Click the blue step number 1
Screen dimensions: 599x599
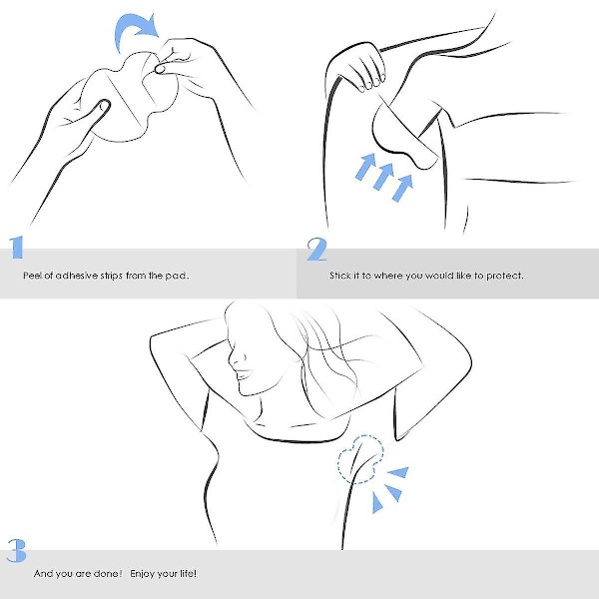click(x=16, y=248)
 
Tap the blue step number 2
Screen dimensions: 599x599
click(x=316, y=250)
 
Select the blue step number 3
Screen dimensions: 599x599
click(x=17, y=550)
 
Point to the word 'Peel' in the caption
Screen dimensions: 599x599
click(x=33, y=276)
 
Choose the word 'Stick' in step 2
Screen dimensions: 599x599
click(x=339, y=276)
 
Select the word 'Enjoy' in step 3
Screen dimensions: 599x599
click(x=143, y=574)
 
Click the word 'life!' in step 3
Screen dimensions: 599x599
click(x=188, y=573)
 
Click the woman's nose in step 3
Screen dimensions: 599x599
click(x=233, y=358)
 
